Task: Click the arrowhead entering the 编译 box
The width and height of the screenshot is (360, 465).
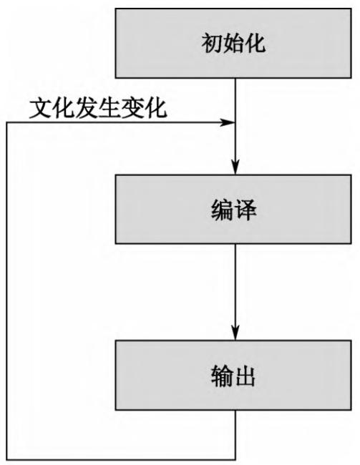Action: pos(235,172)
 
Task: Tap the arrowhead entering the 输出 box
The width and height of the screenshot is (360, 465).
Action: pos(235,336)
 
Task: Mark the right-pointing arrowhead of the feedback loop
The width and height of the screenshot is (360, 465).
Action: pos(228,122)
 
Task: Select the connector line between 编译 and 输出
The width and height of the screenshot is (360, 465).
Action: pos(235,286)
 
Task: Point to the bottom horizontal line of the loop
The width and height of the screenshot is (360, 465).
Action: pos(122,458)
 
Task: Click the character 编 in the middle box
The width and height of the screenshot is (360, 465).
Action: pos(222,211)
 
